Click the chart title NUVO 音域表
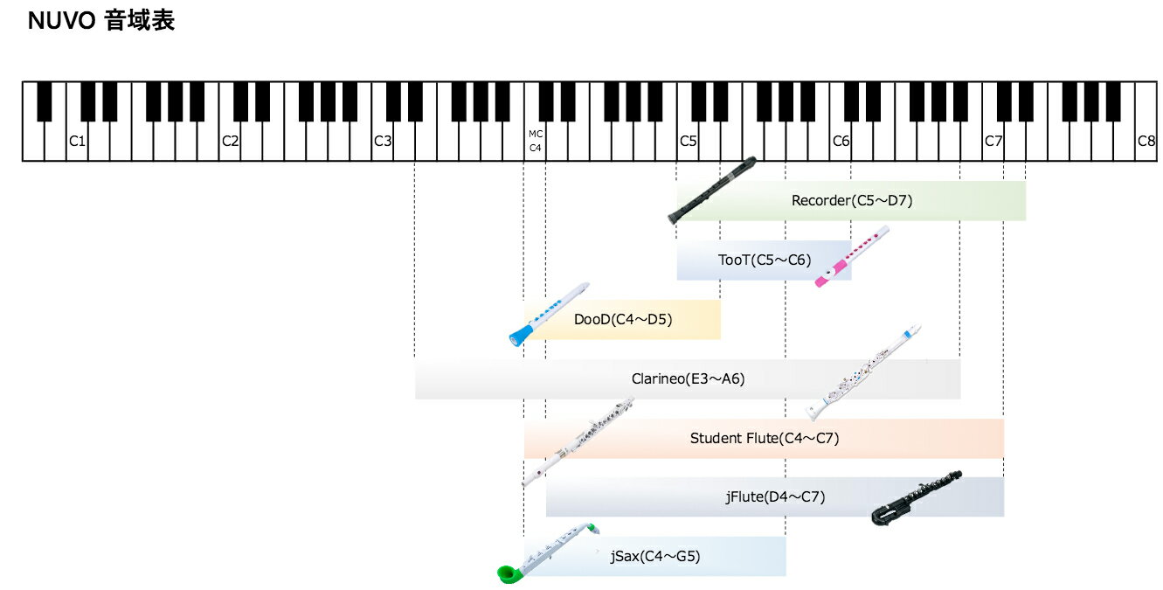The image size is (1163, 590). point(100,21)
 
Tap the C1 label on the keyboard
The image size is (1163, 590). point(78,141)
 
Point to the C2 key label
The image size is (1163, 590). point(230,141)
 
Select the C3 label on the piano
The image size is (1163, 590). point(383,141)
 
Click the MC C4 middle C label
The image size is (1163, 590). point(536,141)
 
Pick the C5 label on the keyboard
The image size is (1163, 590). point(688,141)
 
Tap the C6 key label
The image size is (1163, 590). point(841,141)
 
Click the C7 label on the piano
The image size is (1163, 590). point(993,141)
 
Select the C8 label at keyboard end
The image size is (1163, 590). point(1146,141)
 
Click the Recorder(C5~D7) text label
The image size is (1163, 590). point(851,200)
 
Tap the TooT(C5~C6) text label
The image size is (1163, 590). point(765,260)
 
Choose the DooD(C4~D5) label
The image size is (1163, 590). point(623,319)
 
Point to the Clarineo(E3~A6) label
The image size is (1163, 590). point(688,378)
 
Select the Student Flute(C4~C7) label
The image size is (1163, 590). point(765,438)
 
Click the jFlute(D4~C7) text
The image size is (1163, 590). point(775,497)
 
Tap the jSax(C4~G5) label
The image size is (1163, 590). point(655,556)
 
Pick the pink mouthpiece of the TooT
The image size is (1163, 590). point(831,274)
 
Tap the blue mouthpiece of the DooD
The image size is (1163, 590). point(521,336)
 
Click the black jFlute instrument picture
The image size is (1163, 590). point(916,498)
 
